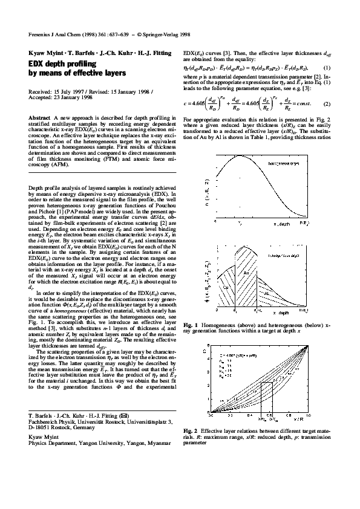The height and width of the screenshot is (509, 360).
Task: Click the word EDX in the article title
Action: (x=37, y=63)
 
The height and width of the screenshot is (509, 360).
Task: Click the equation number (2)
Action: (x=326, y=104)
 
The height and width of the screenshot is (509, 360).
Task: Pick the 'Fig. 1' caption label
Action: (x=190, y=326)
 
